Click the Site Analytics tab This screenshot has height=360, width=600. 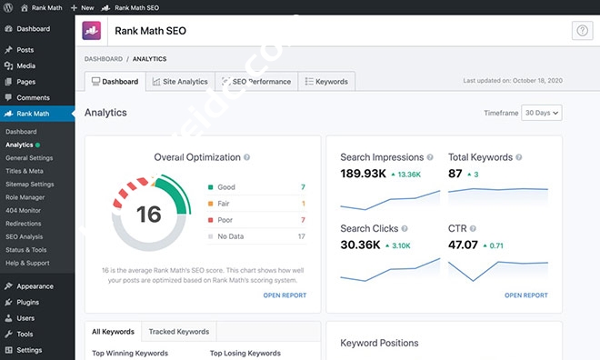point(180,82)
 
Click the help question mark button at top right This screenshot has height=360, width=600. point(582,31)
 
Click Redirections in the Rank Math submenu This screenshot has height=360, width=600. point(25,223)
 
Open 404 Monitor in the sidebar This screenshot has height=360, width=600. point(24,210)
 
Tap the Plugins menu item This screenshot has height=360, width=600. point(27,302)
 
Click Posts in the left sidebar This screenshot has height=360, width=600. point(25,50)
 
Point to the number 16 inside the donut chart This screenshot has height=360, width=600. point(148,215)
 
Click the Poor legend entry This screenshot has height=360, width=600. point(226,220)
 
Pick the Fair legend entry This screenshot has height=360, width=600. point(225,203)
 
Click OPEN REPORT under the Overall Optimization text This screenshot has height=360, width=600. point(285,295)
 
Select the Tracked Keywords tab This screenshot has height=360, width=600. point(180,332)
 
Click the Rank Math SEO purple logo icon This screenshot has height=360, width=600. point(93,31)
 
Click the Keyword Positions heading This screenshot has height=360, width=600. point(379,343)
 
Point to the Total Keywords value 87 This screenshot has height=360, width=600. point(455,174)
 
